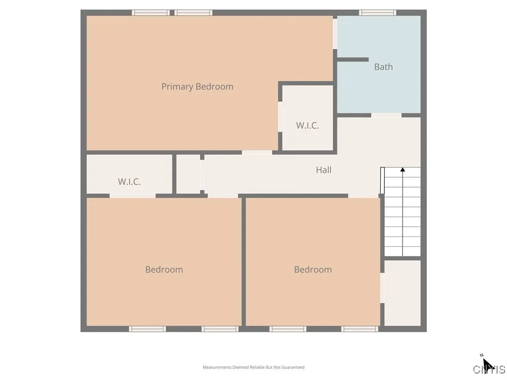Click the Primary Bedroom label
[x=197, y=87]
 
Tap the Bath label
[x=383, y=67]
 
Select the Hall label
[x=323, y=170]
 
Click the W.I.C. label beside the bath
[x=307, y=126]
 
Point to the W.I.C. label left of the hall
[x=129, y=182]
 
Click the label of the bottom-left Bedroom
[x=164, y=270]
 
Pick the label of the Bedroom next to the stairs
[x=313, y=270]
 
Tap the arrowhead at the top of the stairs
[x=403, y=170]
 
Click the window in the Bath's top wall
[x=377, y=13]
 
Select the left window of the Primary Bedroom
[x=151, y=13]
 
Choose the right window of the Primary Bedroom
[x=194, y=13]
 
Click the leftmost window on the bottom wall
[x=148, y=329]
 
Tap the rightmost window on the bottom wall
[x=360, y=329]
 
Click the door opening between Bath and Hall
[x=386, y=115]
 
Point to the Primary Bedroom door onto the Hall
[x=256, y=152]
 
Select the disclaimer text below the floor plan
[x=253, y=367]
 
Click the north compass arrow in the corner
[x=486, y=364]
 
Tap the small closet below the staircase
[x=403, y=293]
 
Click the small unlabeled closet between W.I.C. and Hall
[x=188, y=174]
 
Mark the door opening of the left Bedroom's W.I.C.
[x=133, y=196]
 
